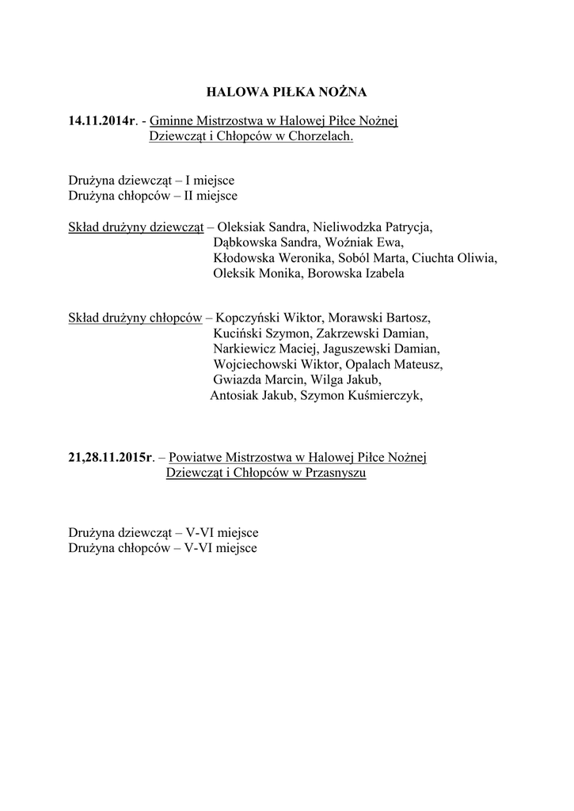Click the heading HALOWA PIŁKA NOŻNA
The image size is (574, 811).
click(x=287, y=93)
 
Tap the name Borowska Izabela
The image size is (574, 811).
click(x=355, y=273)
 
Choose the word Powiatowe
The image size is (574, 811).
click(x=196, y=458)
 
